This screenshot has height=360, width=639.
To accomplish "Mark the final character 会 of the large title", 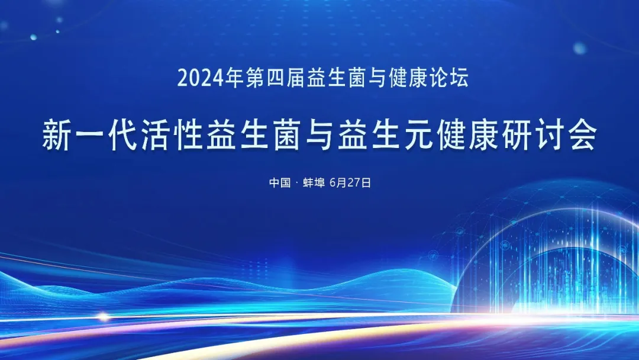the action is pos(584,135).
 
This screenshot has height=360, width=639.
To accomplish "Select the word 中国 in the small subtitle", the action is pos(280,182).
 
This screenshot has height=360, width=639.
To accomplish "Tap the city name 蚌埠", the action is pos(314,182).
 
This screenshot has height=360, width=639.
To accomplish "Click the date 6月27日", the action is pos(350,182).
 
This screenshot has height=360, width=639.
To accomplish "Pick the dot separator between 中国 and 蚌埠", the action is pos(296,182).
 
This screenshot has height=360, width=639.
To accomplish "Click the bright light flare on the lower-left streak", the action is pos(104,317).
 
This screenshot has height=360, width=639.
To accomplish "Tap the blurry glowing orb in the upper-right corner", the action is pos(579,48).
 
